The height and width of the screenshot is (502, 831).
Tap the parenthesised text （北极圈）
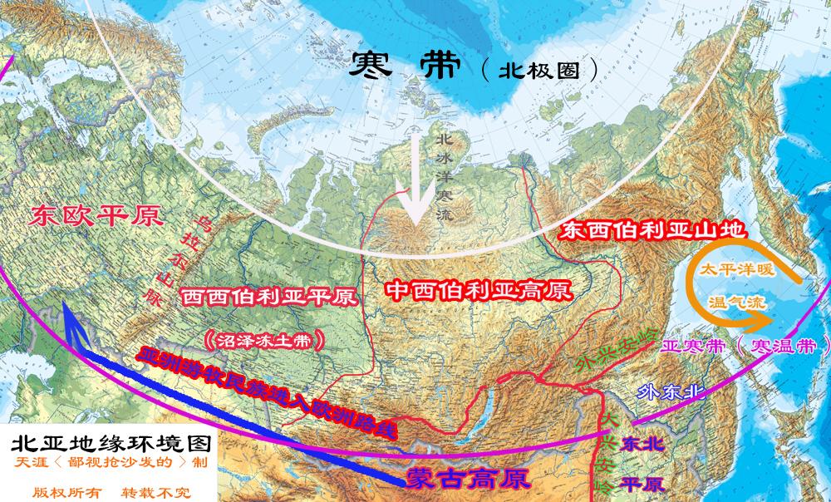click(x=540, y=70)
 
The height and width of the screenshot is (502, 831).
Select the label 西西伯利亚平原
click(x=269, y=296)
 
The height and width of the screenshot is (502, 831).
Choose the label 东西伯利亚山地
click(x=652, y=230)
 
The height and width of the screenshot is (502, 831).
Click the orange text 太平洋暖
click(x=734, y=271)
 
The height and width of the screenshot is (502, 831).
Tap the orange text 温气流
click(x=735, y=303)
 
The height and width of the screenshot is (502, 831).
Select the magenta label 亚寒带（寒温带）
click(x=745, y=345)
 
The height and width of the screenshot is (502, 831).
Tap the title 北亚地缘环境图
click(x=106, y=440)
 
